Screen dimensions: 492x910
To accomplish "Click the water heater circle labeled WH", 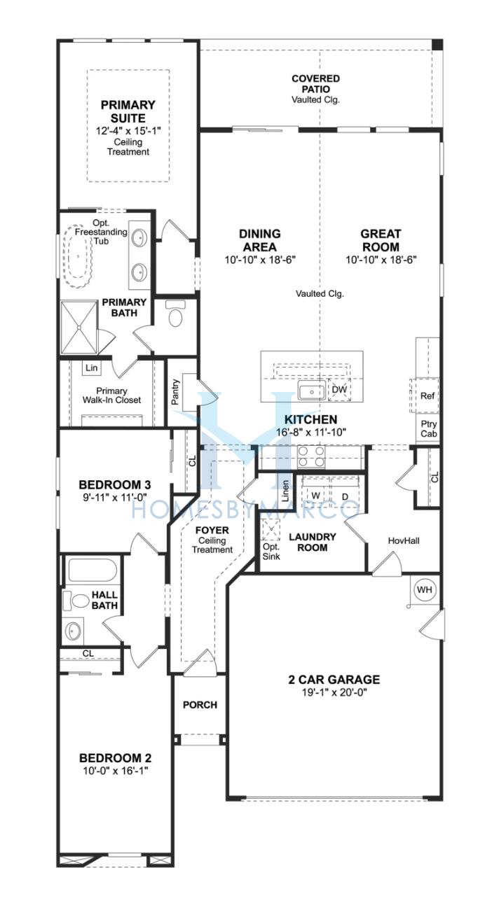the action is (425, 589).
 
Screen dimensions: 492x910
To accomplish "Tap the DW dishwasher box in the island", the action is (339, 390).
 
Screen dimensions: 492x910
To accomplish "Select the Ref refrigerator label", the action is (428, 395).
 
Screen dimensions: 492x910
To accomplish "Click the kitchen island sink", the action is (312, 391).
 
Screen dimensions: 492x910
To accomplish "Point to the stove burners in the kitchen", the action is (312, 457).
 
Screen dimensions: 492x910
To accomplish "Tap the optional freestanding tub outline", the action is (78, 256).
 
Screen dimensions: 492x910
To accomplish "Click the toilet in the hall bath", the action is (76, 600).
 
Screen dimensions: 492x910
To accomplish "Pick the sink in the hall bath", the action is (74, 631).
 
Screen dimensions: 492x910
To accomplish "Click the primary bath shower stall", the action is (79, 327).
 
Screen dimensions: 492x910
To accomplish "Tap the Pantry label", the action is (175, 392).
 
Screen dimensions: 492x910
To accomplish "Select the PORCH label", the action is (200, 705).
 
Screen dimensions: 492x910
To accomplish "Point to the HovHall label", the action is (404, 540).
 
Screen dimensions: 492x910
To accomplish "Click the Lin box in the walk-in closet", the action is (92, 367).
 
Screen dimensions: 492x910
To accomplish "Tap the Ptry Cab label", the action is (428, 428).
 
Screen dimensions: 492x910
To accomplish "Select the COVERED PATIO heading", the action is (316, 84).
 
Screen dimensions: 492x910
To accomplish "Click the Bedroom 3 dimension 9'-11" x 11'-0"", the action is (115, 497).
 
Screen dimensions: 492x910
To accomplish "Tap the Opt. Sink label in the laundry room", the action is (271, 552).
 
